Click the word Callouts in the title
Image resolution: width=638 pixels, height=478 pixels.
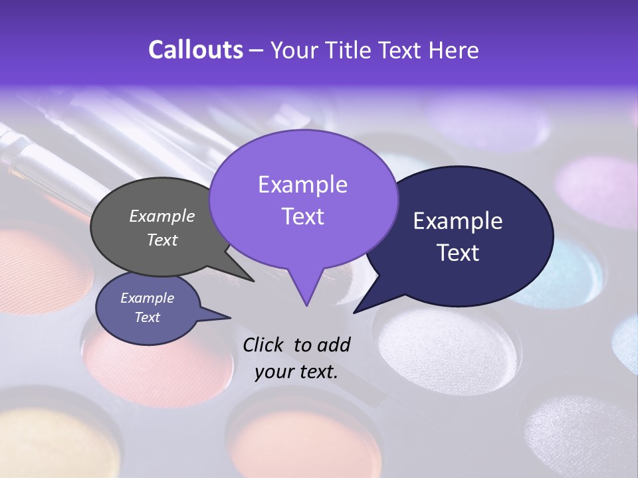(x=195, y=50)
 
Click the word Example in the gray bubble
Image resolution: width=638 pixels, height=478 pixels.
(x=162, y=216)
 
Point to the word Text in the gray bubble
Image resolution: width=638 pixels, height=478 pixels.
(x=162, y=240)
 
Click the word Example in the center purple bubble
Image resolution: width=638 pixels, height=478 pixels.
(x=302, y=185)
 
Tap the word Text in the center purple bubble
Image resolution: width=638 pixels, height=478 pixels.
(x=302, y=216)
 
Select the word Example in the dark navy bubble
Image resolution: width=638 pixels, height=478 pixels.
(x=458, y=221)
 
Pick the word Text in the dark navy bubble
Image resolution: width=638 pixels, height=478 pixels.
(x=458, y=253)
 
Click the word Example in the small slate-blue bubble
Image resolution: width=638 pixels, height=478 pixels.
(x=147, y=298)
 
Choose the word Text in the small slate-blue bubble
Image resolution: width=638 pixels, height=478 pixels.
(x=147, y=317)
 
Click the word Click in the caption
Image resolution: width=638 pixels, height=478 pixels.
(x=265, y=345)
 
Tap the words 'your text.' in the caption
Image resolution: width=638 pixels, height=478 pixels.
(x=296, y=372)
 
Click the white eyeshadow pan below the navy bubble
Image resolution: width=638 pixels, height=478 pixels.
(x=439, y=345)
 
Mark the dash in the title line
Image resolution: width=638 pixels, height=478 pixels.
(x=257, y=50)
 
